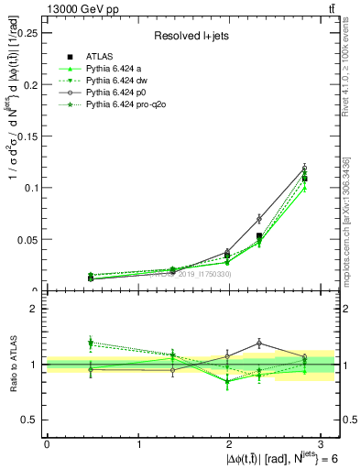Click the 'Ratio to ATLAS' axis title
tap(11, 365)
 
